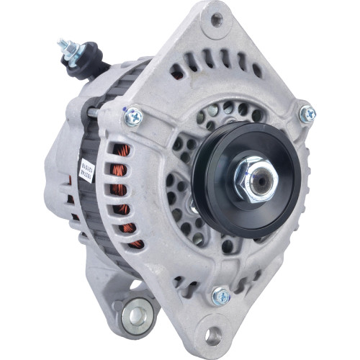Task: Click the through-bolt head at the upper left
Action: click(134, 115)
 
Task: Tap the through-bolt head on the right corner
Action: click(307, 113)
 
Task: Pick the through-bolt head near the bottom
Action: click(220, 295)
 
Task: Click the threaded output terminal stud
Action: click(67, 47)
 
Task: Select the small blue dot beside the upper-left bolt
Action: click(125, 109)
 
